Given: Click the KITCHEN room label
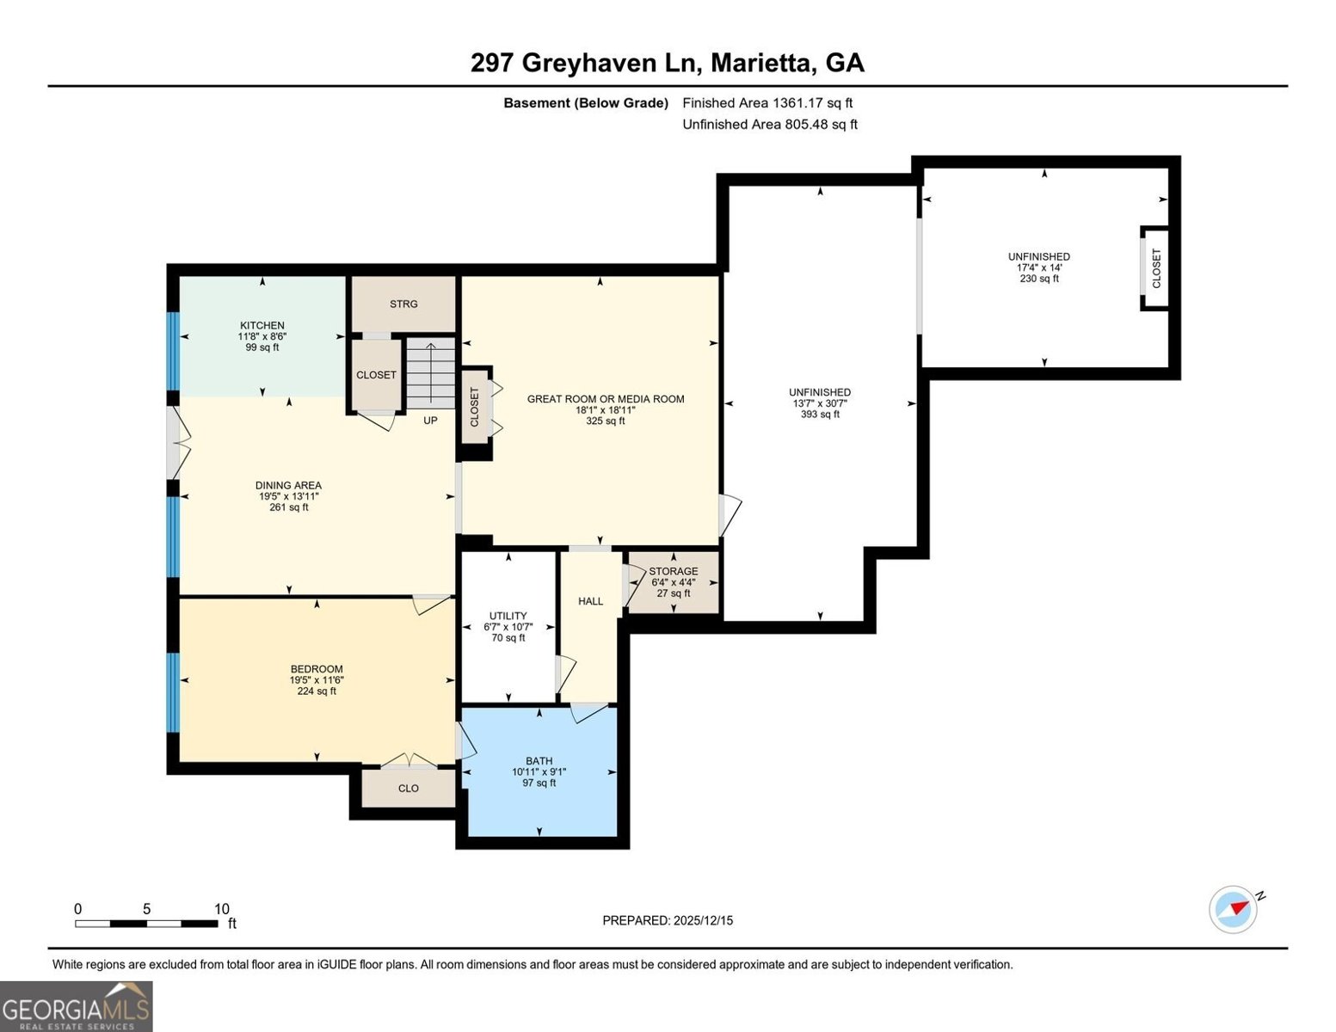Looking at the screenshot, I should pos(262,326).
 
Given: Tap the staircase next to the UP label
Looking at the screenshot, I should pos(430,374).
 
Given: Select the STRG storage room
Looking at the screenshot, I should pos(403,304).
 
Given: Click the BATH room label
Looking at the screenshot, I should pos(539,761).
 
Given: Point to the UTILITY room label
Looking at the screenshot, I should pos(508,616).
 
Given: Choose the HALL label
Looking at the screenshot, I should pos(590,601).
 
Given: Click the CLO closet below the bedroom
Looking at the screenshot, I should pos(409,789).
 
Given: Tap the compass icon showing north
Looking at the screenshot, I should pos(1233,909).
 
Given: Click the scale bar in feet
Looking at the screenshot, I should pos(146,924).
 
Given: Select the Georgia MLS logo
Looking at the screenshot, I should pos(77,1006).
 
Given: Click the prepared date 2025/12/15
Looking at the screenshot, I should pos(668,920).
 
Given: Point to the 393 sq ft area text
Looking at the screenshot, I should pos(820,415).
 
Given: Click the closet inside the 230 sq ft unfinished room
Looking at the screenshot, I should pos(1155,268).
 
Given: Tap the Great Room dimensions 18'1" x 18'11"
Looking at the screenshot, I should pos(606,410).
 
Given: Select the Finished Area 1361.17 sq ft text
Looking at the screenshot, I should pos(767,103).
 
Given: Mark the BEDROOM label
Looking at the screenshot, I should pos(317,669).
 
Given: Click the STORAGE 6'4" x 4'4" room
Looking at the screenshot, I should pos(673,582).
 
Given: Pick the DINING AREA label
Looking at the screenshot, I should pos(288,486).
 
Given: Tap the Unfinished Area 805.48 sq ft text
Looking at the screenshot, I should pos(770,125).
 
